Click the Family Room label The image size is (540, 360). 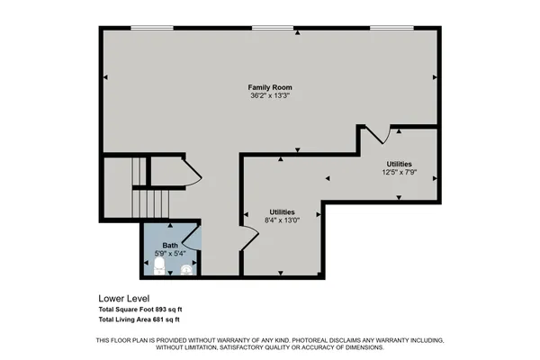[x=269, y=86]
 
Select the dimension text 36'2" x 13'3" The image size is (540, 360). [x=269, y=94]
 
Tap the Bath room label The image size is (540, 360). [x=170, y=246]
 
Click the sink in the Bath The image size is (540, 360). [x=187, y=268]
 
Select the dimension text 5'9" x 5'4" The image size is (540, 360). [x=170, y=254]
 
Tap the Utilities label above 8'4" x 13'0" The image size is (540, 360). [x=282, y=211]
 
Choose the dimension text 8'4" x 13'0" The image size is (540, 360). [x=282, y=220]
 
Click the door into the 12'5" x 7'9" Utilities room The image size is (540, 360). [x=378, y=135]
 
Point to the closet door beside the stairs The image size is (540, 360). [x=192, y=173]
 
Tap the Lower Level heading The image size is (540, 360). [x=123, y=298]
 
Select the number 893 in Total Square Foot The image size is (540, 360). [x=162, y=309]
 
